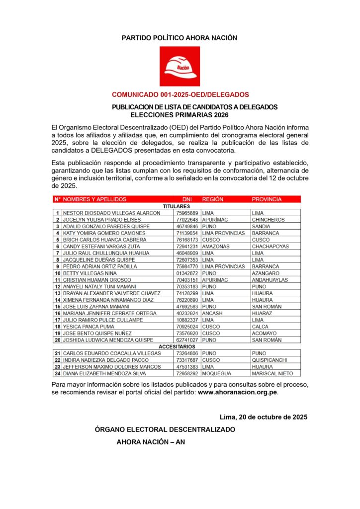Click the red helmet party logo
pyautogui.click(x=180, y=66)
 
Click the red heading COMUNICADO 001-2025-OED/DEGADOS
pyautogui.click(x=180, y=94)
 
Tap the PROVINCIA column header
pyautogui.click(x=267, y=199)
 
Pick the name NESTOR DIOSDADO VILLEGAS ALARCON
pyautogui.click(x=111, y=213)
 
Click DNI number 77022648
pyautogui.click(x=187, y=220)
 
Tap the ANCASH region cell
pyautogui.click(x=212, y=314)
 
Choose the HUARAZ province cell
pyautogui.click(x=262, y=314)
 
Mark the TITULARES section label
pyautogui.click(x=177, y=206)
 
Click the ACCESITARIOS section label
pyautogui.click(x=177, y=346)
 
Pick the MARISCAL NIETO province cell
pyautogui.click(x=272, y=373)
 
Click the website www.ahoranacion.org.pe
pyautogui.click(x=238, y=392)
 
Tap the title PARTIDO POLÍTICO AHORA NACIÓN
pyautogui.click(x=180, y=38)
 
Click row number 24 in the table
pyautogui.click(x=58, y=373)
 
